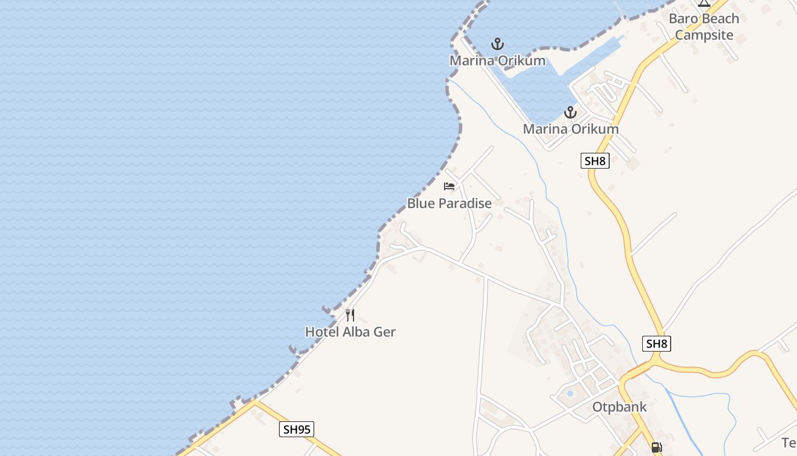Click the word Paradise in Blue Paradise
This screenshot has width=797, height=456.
coord(465,203)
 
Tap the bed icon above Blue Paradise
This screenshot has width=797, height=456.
coord(449,186)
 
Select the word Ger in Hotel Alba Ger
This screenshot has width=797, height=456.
coord(385,332)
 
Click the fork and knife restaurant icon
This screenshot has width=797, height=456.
coord(350,315)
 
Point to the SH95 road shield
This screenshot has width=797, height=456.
coord(297,429)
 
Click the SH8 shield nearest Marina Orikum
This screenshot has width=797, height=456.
coord(595,161)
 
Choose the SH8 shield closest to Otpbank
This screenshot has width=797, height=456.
coord(656,344)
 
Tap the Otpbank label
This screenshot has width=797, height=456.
coord(619,407)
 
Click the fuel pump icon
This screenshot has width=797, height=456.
coord(656,447)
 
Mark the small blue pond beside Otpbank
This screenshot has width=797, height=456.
coord(570,393)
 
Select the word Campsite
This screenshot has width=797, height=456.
coord(704,35)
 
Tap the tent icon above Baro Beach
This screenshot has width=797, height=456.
coord(704,2)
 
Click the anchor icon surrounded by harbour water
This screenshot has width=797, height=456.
coord(498,43)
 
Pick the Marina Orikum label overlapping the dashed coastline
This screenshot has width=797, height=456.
coord(498,60)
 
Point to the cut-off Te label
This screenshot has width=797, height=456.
coord(789,443)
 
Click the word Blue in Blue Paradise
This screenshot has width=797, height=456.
coord(420,203)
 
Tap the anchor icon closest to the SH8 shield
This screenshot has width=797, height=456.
coord(570,112)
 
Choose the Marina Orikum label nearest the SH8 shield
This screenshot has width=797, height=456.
coord(570,129)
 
